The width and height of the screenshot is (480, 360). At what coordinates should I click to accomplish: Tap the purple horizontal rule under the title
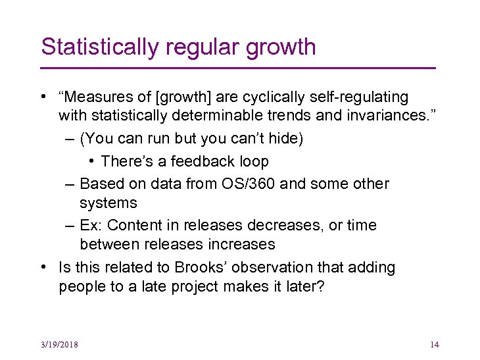238,68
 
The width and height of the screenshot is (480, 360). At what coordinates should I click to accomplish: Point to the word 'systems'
108,203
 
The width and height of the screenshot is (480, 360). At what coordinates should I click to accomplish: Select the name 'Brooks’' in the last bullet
198,268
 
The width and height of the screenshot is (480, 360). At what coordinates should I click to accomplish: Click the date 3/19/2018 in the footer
59,345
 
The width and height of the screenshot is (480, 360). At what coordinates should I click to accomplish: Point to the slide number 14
434,345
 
